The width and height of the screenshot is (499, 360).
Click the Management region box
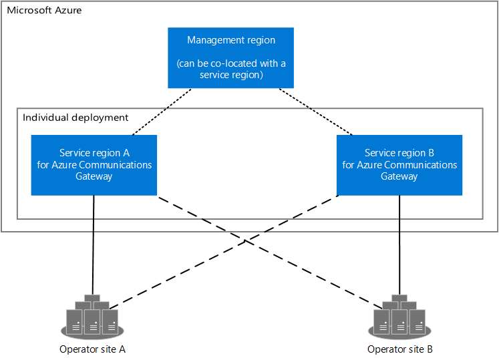(x=230, y=58)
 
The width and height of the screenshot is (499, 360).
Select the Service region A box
(x=94, y=165)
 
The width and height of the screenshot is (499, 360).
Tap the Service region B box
(x=399, y=165)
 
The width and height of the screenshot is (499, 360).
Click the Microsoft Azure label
(x=44, y=10)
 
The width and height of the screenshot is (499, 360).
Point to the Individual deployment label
(x=75, y=118)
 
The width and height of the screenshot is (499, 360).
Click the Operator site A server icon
(x=92, y=315)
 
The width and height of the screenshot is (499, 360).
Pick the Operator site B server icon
(x=399, y=315)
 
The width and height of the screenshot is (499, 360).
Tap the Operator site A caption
(x=92, y=349)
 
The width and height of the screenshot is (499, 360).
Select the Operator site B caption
(x=399, y=349)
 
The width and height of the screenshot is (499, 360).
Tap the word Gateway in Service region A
(x=94, y=176)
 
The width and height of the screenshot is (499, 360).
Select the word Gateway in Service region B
(x=399, y=176)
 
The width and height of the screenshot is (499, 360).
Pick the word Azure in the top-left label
(x=67, y=10)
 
